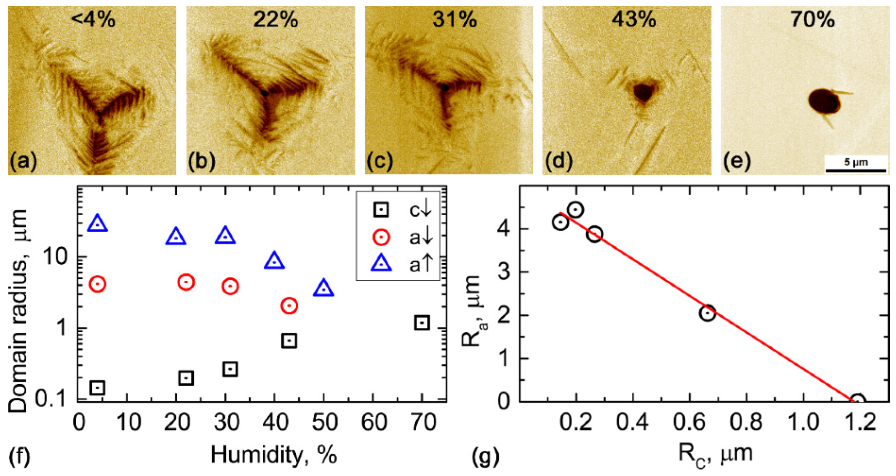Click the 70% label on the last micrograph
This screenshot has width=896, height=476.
pyautogui.click(x=812, y=20)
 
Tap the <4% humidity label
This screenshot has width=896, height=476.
pyautogui.click(x=93, y=20)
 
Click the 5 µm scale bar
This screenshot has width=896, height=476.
pyautogui.click(x=856, y=170)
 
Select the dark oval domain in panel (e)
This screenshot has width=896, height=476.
pyautogui.click(x=823, y=101)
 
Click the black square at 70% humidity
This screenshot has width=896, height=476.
pyautogui.click(x=422, y=322)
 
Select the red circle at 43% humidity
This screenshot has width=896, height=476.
pyautogui.click(x=289, y=306)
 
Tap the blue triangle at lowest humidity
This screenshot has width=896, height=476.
pyautogui.click(x=97, y=224)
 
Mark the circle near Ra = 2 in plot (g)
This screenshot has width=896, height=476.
pyautogui.click(x=707, y=313)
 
